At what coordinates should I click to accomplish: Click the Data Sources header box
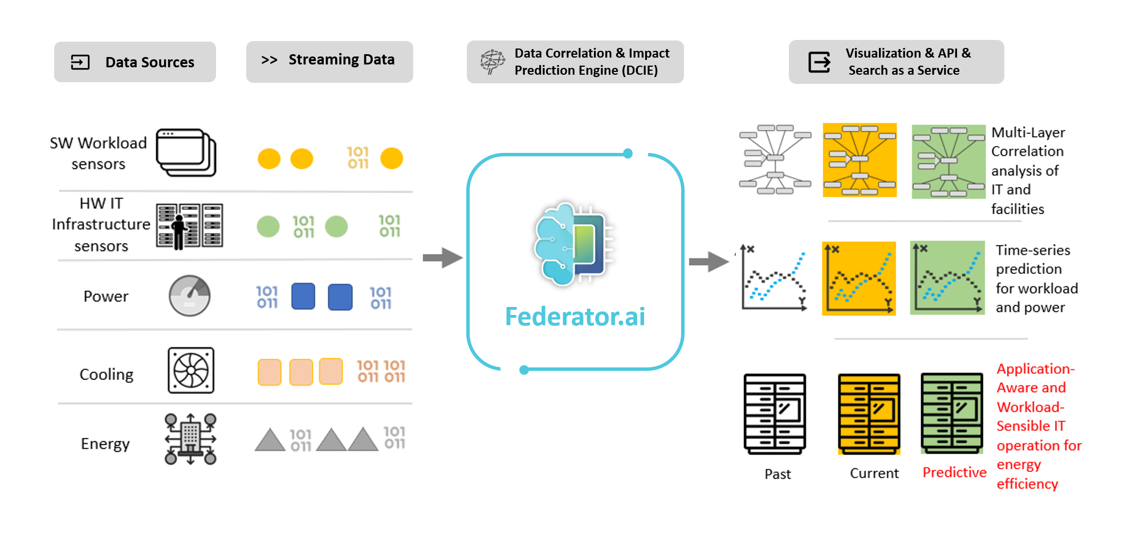click(x=135, y=62)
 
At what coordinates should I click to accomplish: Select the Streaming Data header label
click(x=341, y=59)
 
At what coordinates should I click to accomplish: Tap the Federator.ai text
click(x=575, y=317)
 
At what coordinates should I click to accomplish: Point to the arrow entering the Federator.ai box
click(x=442, y=257)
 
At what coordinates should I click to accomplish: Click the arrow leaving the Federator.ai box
click(x=709, y=262)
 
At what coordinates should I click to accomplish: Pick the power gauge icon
click(x=190, y=296)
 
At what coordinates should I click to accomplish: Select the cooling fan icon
click(x=191, y=370)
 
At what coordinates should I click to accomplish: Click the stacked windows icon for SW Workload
click(x=186, y=152)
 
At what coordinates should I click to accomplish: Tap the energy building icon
click(x=190, y=439)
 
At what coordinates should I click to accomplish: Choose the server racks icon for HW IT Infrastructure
click(x=190, y=226)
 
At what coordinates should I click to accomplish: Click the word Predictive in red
click(x=954, y=472)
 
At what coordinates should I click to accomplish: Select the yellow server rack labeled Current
click(x=869, y=414)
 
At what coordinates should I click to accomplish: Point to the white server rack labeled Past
click(x=775, y=414)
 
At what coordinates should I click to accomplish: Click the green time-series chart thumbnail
click(x=947, y=278)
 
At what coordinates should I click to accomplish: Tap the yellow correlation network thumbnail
click(x=860, y=160)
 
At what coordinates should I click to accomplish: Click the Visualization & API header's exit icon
click(x=820, y=62)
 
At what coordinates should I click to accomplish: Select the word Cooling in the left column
click(x=107, y=374)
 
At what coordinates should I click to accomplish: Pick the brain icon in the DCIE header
click(x=492, y=62)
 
